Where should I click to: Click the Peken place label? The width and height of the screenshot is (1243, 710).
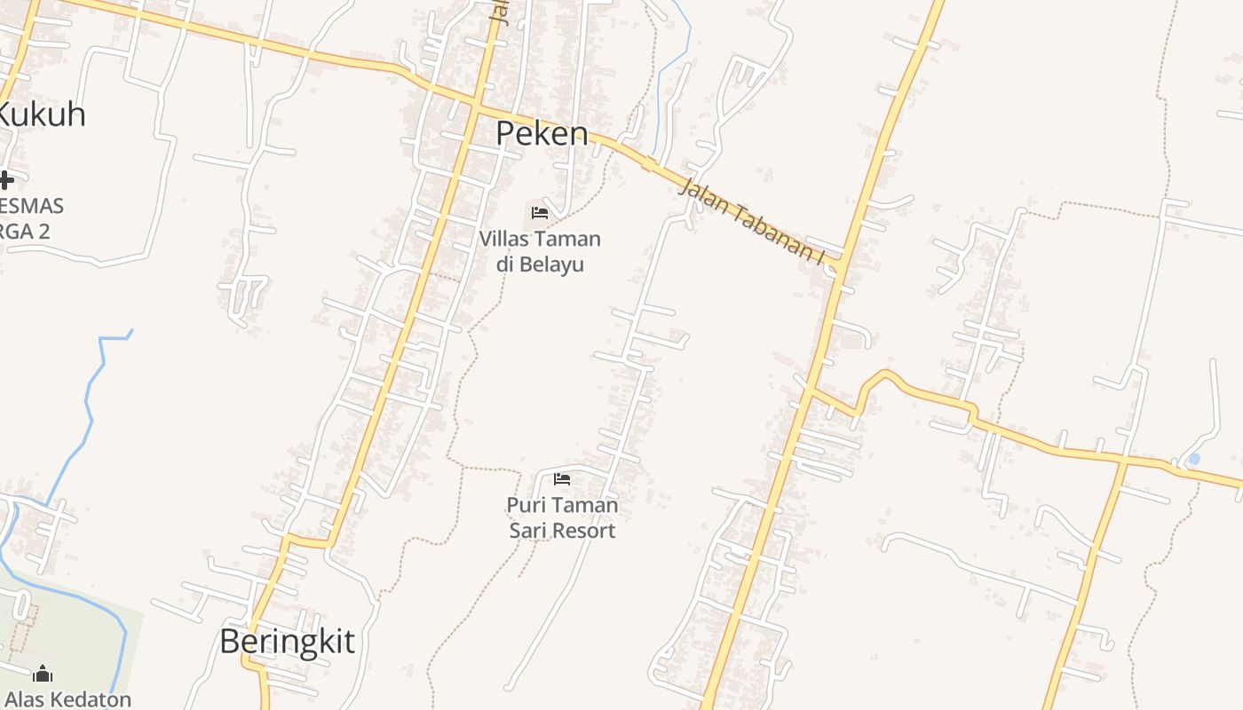click(x=542, y=133)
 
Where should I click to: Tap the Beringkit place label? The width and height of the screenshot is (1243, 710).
click(x=287, y=641)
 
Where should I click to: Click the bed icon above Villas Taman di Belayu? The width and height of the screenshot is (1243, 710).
click(x=539, y=213)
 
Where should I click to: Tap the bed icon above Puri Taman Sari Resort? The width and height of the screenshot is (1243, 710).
click(x=561, y=479)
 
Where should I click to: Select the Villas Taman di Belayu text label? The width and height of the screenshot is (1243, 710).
click(x=540, y=251)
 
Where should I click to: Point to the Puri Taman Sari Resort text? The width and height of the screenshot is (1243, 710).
click(x=561, y=517)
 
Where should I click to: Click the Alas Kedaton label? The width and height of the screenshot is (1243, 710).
click(x=68, y=699)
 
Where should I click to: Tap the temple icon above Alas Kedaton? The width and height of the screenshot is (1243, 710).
click(x=42, y=674)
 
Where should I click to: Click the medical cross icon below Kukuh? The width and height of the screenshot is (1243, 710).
click(x=6, y=180)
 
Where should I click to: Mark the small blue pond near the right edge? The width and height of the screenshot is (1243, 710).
click(x=1193, y=459)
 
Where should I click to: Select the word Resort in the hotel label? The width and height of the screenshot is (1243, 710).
click(x=582, y=531)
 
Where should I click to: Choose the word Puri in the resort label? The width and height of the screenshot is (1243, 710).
click(x=524, y=505)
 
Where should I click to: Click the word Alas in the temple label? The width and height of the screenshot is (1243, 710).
click(x=23, y=699)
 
